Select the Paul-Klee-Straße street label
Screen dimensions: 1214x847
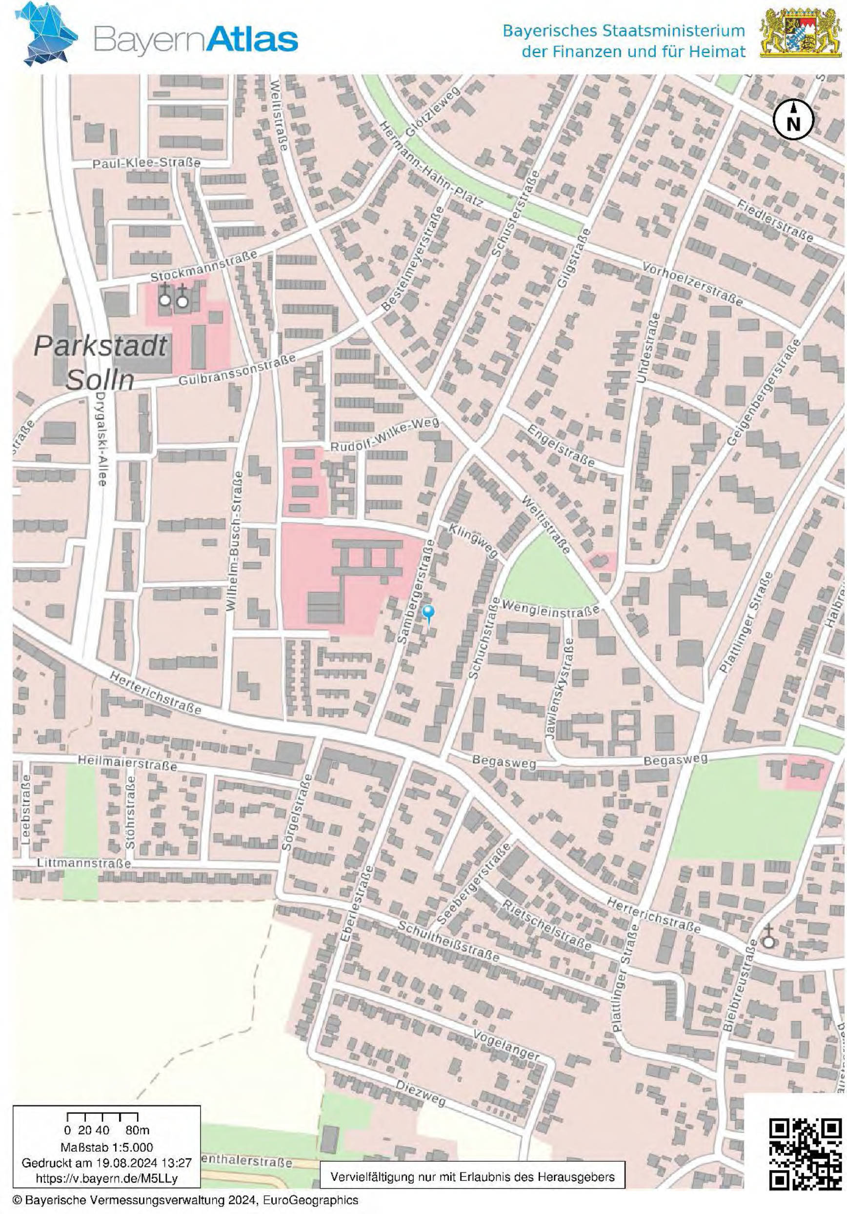[x=146, y=163]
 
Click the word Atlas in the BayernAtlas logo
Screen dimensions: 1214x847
[x=250, y=39]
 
